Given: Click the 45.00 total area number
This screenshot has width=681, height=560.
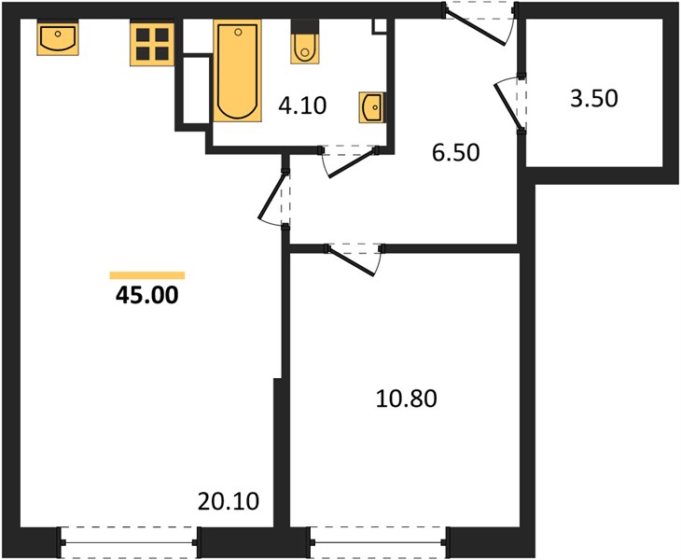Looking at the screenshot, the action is [x=146, y=295].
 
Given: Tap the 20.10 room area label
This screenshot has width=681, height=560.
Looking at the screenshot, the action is [x=229, y=501].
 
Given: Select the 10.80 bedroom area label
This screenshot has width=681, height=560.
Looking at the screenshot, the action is [x=406, y=399].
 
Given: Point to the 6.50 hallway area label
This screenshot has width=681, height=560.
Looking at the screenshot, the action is [x=455, y=152].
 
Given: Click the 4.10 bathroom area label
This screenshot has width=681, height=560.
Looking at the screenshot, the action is [x=302, y=105].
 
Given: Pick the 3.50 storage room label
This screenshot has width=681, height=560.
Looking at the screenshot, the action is [x=593, y=98].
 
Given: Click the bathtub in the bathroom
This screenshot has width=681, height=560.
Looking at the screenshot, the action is [x=238, y=71].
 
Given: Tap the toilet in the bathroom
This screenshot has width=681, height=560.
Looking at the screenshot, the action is [x=304, y=42].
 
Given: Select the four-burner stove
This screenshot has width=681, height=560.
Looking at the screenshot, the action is [x=152, y=44].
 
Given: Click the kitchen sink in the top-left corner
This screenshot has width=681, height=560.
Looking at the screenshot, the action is [x=58, y=38].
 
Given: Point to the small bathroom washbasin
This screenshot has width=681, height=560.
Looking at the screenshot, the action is [x=372, y=107].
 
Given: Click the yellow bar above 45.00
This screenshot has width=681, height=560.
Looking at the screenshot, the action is [x=147, y=275].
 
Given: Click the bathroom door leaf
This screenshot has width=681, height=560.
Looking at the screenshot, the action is [x=352, y=163].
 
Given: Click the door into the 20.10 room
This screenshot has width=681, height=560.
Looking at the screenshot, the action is [x=271, y=195].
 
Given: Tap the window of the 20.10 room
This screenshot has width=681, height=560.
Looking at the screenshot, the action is [x=129, y=542].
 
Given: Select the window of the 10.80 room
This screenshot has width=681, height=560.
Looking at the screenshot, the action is [x=379, y=542].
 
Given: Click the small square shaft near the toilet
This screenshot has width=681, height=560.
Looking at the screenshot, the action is [x=379, y=25].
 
